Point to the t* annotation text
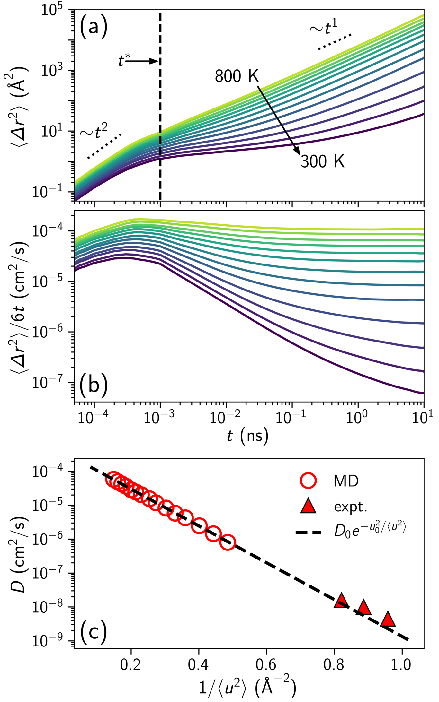124,60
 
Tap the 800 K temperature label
237,76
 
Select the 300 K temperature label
323,161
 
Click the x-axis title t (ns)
247,437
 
